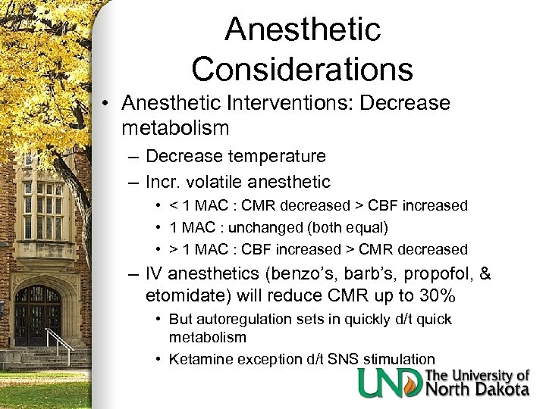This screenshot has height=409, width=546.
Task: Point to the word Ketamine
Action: point(199,359)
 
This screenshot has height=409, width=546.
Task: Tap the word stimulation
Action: point(393,359)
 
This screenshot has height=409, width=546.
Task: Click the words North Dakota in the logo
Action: point(478,389)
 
